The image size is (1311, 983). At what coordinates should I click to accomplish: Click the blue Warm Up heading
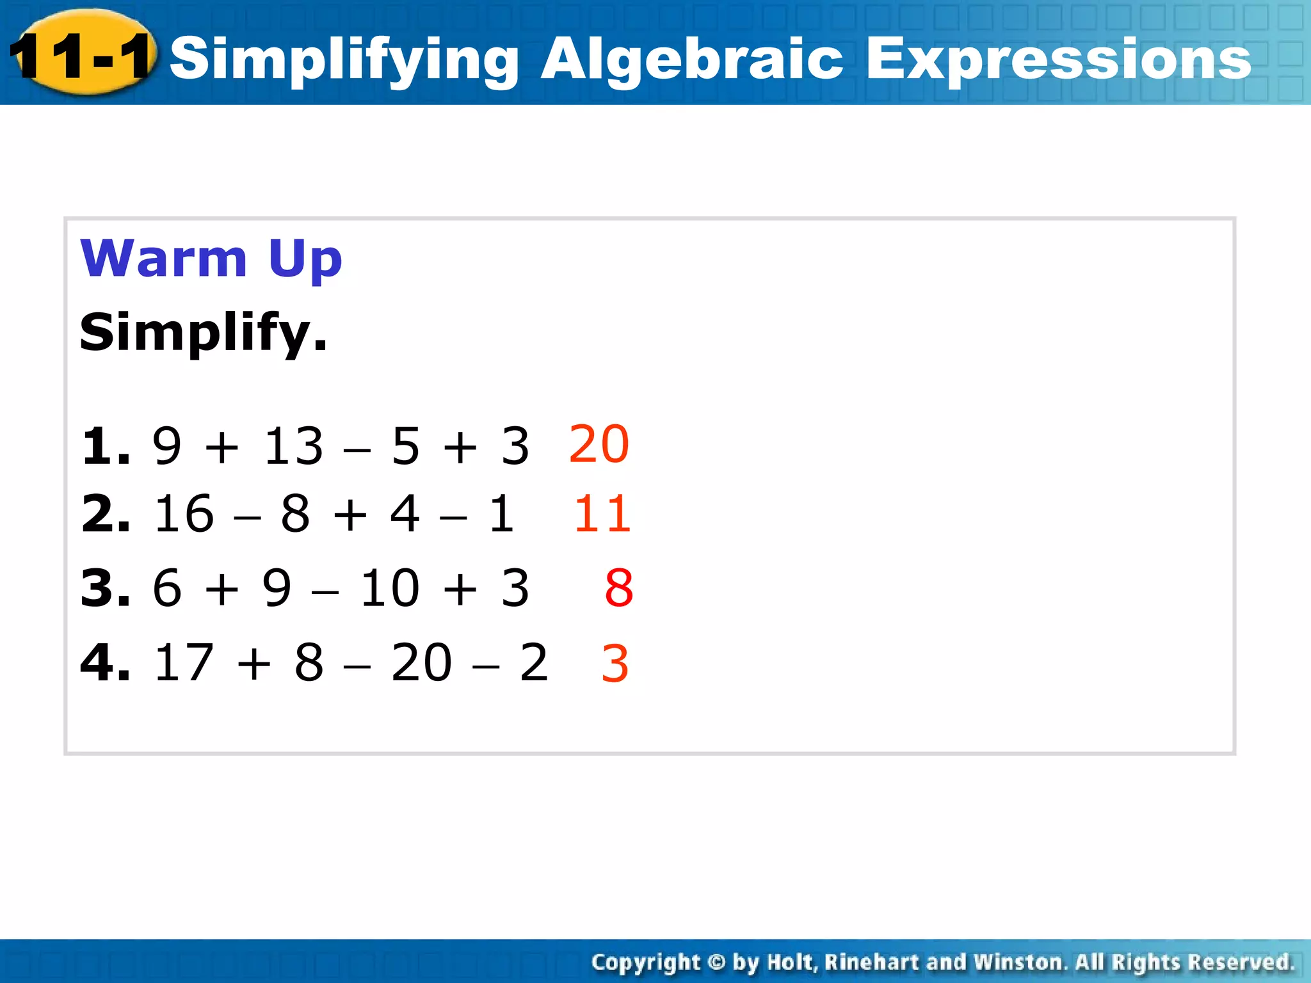click(211, 259)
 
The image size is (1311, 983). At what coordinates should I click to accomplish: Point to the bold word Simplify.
click(203, 333)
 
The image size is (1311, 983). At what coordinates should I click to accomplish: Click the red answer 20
click(599, 444)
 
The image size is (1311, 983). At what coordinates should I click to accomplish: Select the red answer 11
click(602, 514)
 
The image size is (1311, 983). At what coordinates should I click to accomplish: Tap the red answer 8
click(618, 587)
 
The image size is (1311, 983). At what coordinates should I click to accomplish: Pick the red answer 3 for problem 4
click(615, 663)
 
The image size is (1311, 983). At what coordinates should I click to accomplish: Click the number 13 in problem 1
click(294, 446)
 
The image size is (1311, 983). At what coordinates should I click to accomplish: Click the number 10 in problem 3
click(389, 587)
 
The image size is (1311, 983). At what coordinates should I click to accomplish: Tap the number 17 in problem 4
click(184, 662)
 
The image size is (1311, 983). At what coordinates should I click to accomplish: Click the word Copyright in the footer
click(645, 963)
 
